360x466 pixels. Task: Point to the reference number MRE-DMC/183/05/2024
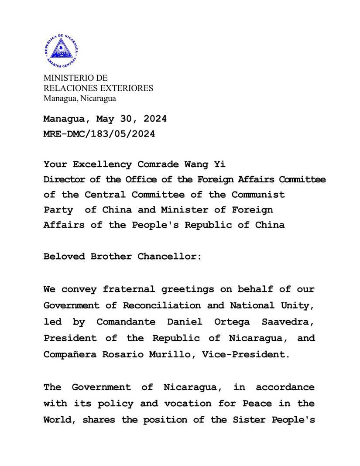(99, 134)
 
